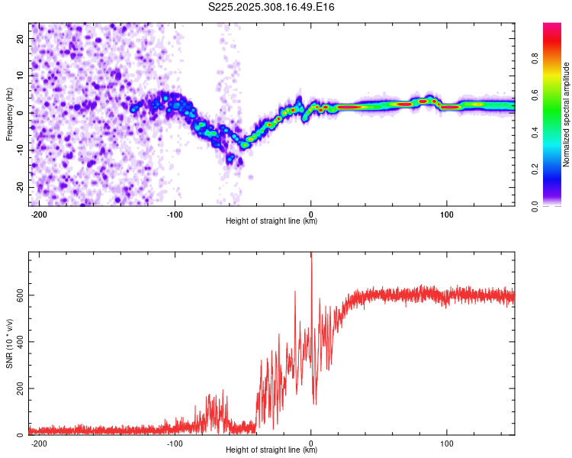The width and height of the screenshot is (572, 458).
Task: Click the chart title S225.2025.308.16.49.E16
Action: coord(272,7)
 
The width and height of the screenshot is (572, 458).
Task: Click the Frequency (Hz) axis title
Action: coord(9,114)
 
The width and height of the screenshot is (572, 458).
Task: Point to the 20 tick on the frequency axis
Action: coord(21,38)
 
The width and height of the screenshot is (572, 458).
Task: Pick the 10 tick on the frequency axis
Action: coord(21,76)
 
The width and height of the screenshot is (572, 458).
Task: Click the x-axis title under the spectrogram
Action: coord(272,221)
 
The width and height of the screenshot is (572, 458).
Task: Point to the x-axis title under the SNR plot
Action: coord(272,450)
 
